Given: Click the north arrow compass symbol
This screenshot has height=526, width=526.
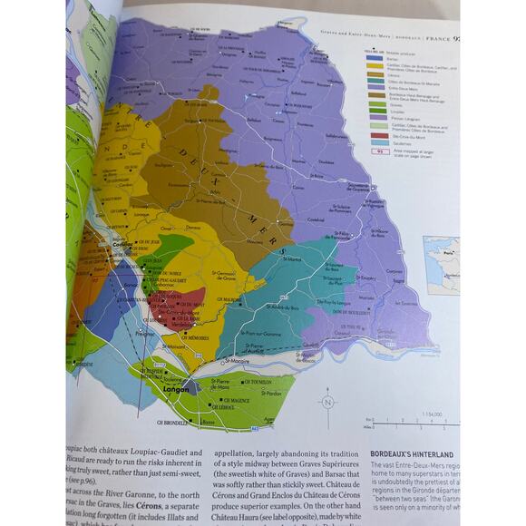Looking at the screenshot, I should point(328,401).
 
